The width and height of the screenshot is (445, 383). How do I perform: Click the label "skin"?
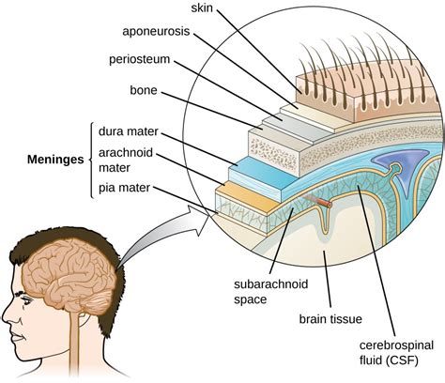(202, 8)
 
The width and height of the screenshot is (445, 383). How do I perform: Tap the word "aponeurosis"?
(156, 31)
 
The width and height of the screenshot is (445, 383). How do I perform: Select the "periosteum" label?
(139, 59)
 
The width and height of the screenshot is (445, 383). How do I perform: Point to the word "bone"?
(144, 90)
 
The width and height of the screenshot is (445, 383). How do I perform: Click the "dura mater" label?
(129, 131)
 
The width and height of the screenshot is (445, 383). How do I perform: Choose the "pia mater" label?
(125, 188)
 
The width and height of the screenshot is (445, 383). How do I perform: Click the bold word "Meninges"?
(55, 160)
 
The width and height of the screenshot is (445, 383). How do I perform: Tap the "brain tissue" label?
(330, 319)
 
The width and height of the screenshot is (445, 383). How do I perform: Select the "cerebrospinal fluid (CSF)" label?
(396, 353)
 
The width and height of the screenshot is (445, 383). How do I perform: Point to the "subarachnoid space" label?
(271, 292)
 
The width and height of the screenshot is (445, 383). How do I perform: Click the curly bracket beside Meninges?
(91, 160)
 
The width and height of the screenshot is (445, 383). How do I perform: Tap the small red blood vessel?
(318, 201)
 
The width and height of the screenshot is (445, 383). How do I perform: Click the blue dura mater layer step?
(263, 176)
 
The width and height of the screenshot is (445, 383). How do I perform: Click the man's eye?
(24, 299)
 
